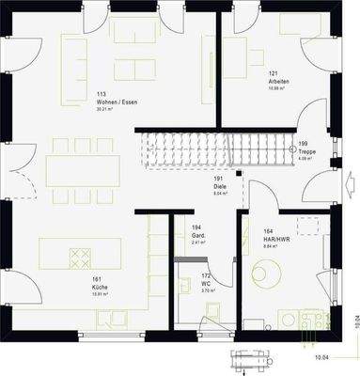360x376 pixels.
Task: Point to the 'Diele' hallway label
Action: (x=218, y=185)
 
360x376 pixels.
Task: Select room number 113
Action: (x=101, y=93)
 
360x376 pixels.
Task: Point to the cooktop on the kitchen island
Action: (x=80, y=256)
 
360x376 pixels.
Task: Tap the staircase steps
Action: (x=216, y=148)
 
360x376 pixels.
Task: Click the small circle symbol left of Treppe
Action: (x=292, y=148)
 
